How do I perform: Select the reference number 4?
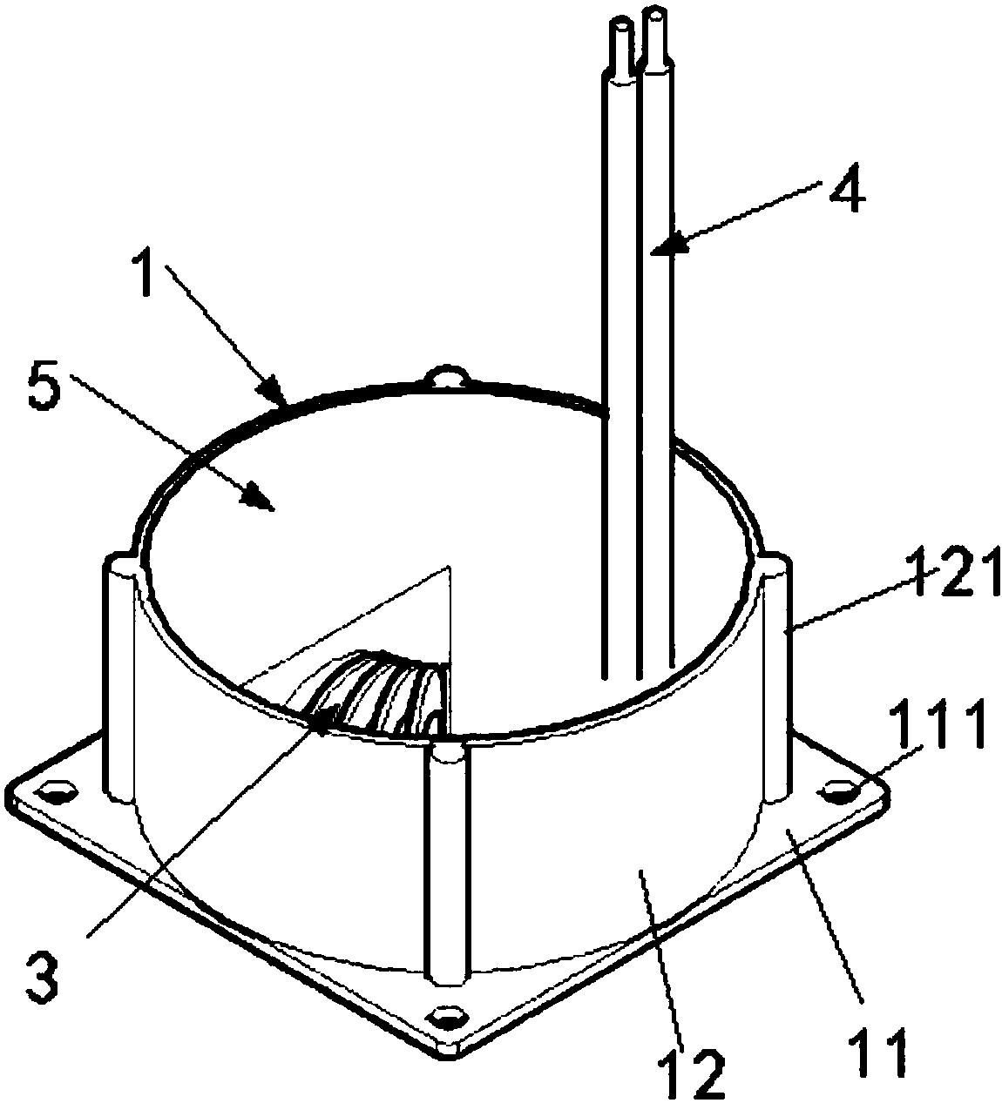coord(843,195)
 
